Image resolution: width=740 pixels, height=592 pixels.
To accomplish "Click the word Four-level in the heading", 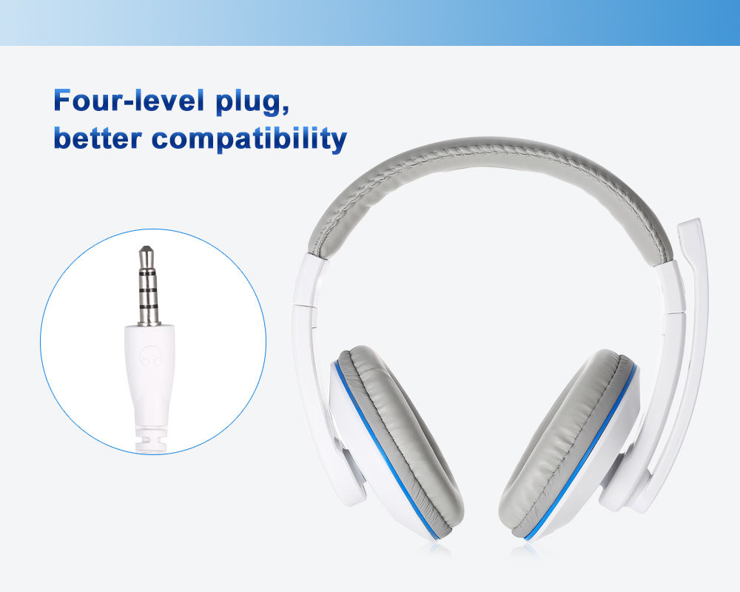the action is [129, 100].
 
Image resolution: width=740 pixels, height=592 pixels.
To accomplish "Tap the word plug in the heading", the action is [252, 102].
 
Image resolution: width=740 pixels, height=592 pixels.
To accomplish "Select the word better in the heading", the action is [98, 138].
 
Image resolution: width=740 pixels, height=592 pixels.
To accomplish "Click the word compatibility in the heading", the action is [249, 140].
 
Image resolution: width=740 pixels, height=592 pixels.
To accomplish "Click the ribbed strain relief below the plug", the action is [150, 442].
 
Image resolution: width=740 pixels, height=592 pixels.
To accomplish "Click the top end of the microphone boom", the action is [690, 221].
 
